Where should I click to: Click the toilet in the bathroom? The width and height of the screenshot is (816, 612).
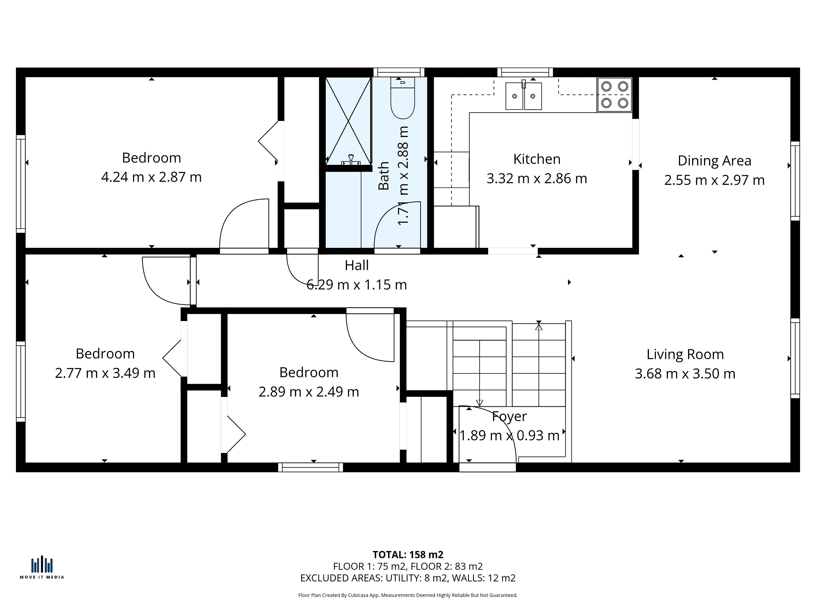(x=402, y=98)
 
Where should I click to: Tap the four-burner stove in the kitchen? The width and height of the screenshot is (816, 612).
(x=615, y=94)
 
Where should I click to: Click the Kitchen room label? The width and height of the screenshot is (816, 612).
(x=537, y=159)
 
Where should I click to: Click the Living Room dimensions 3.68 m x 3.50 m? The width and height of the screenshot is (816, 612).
(x=685, y=374)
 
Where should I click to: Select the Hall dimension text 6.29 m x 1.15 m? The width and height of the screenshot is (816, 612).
(x=357, y=285)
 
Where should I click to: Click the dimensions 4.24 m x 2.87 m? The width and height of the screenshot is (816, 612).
(x=151, y=177)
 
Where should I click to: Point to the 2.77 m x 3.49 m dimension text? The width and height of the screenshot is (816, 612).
(x=105, y=373)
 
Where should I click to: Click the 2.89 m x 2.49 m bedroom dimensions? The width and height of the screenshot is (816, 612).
(x=309, y=392)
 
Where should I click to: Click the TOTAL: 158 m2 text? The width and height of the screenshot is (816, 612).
(x=408, y=554)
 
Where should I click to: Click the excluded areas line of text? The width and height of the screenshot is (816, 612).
(x=408, y=578)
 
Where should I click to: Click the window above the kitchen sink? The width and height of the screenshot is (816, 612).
(x=525, y=72)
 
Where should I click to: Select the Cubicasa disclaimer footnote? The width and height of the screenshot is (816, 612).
(x=408, y=595)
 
